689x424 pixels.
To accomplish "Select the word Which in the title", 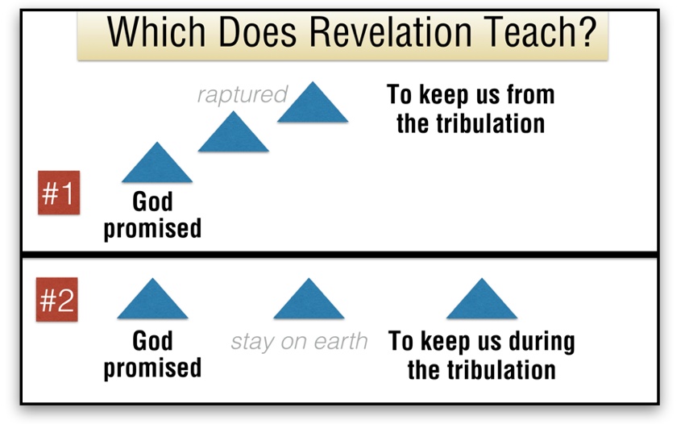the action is click(x=156, y=32).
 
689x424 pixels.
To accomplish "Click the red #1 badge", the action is click(x=59, y=193).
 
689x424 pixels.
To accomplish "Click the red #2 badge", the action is click(x=57, y=299).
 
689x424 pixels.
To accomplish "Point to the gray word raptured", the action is click(x=242, y=94).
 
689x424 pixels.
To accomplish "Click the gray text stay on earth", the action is click(x=299, y=342).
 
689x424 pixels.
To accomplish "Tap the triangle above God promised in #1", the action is click(x=157, y=162).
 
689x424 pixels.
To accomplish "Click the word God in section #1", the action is click(x=152, y=202).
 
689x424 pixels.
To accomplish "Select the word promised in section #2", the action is click(x=152, y=368).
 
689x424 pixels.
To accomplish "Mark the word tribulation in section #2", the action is click(x=501, y=370).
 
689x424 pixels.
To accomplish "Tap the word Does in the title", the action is click(x=258, y=32).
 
